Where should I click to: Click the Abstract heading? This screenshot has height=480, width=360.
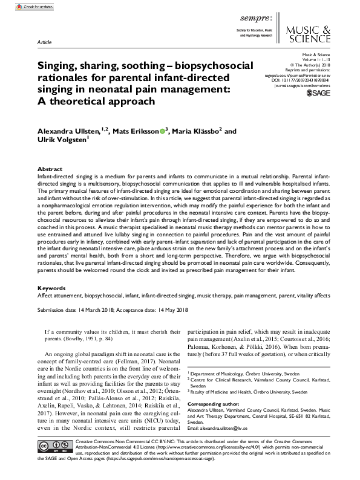50,169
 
